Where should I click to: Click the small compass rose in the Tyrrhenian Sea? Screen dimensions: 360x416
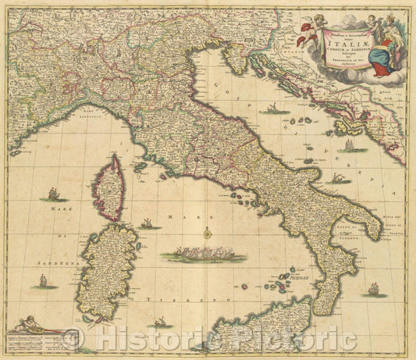[208, 233]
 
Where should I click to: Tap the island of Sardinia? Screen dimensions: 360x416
[109, 269]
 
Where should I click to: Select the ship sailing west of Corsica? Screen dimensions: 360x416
[53, 194]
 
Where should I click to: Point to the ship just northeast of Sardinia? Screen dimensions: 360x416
[147, 224]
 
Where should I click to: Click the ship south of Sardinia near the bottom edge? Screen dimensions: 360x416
[160, 321]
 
